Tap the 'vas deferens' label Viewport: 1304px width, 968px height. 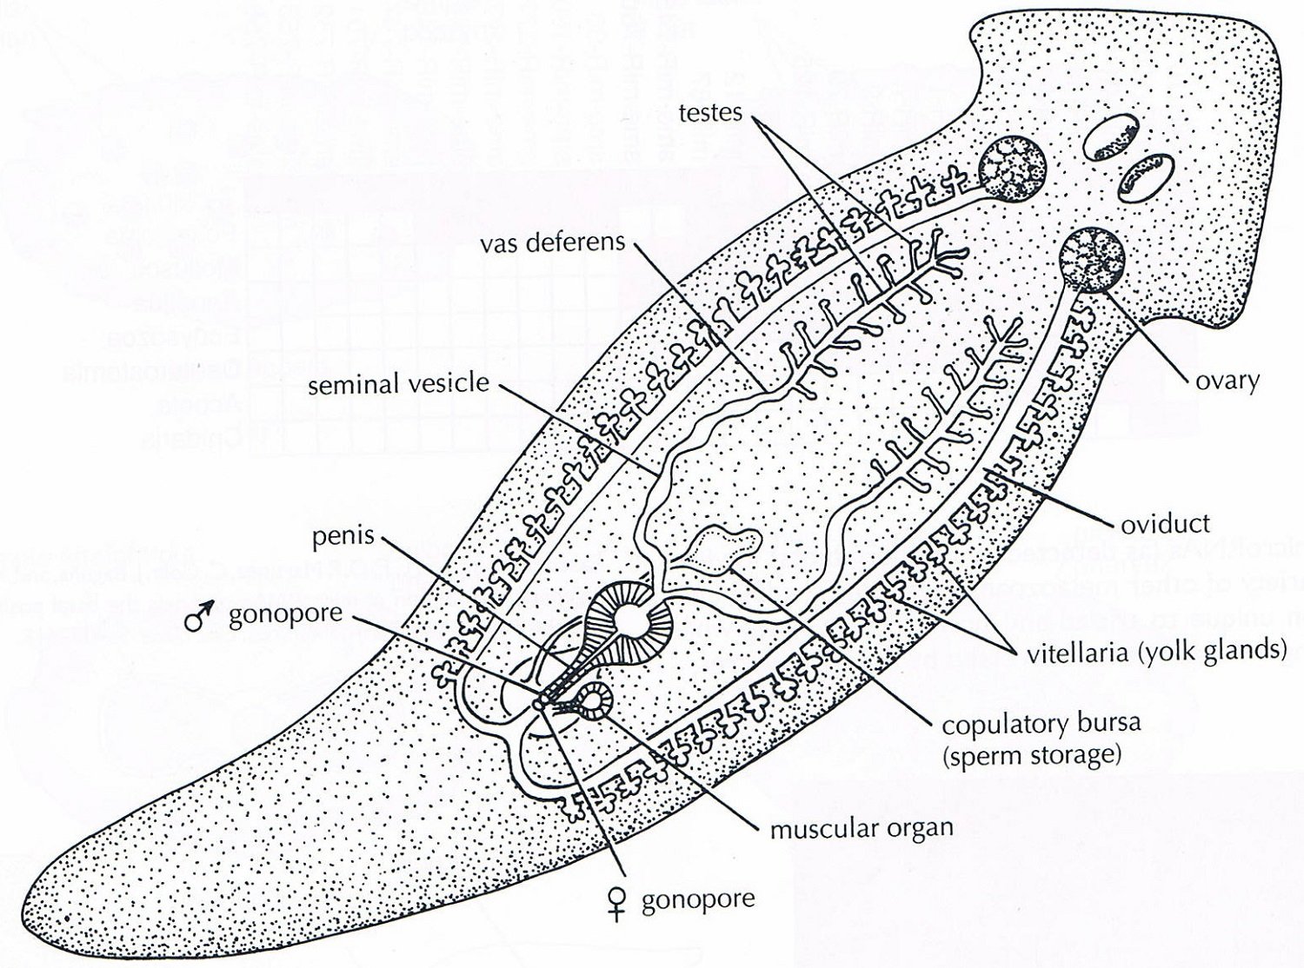(553, 242)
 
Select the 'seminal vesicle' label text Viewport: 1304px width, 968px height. (399, 383)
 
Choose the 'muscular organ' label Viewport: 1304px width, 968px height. (861, 827)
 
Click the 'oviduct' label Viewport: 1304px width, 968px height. (1165, 523)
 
